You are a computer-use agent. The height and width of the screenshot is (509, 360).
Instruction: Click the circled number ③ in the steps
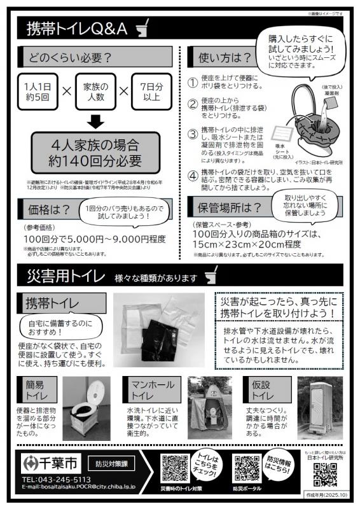193,134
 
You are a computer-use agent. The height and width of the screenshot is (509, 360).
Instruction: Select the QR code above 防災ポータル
245,468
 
